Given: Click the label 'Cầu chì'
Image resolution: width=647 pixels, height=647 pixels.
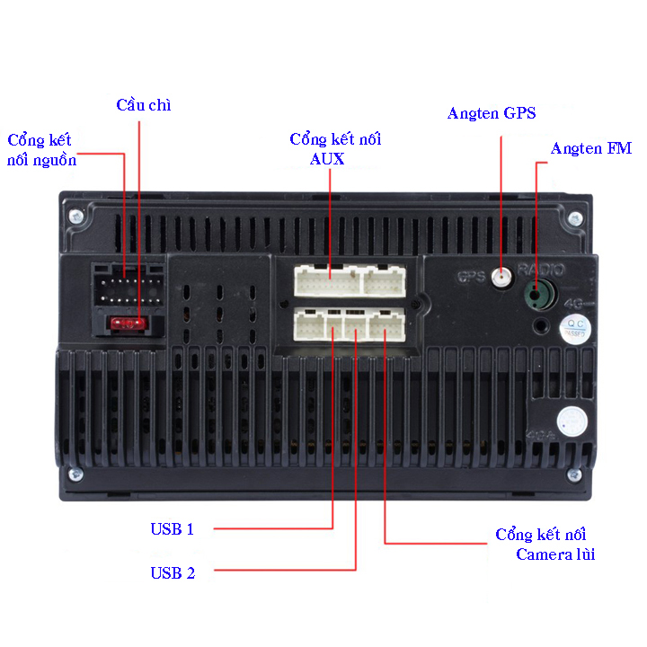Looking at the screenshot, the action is click(144, 105).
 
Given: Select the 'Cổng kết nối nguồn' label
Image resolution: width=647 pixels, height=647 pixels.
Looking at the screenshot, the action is click(41, 150).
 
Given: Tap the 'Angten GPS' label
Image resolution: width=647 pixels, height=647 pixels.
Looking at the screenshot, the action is click(492, 113).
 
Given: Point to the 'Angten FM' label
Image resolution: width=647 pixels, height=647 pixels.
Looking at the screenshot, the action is click(591, 148).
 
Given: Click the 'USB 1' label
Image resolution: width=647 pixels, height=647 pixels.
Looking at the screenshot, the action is click(172, 529).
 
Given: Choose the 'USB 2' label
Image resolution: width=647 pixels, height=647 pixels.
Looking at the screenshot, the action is click(173, 573).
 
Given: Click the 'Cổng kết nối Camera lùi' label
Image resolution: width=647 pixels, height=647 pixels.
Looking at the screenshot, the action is click(545, 545).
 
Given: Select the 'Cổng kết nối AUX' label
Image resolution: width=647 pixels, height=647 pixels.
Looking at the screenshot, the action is click(335, 149).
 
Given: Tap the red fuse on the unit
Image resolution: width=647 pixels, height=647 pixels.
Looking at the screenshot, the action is click(129, 323).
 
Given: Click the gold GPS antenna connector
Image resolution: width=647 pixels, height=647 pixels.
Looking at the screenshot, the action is click(501, 277).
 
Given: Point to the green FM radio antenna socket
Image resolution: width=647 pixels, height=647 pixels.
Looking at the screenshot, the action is click(538, 294).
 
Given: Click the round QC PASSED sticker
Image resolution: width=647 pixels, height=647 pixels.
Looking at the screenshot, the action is click(575, 329).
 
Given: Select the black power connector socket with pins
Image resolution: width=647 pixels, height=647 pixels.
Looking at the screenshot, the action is click(129, 285).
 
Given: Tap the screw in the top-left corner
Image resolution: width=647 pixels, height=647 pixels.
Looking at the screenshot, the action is click(75, 216).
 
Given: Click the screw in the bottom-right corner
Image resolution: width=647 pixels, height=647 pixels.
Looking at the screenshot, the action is click(574, 475).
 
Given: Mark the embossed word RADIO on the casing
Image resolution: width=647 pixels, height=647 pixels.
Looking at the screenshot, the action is click(541, 270).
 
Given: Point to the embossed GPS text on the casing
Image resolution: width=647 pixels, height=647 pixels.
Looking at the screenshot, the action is click(471, 277).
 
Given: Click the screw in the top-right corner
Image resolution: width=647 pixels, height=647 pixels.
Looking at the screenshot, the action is click(575, 218).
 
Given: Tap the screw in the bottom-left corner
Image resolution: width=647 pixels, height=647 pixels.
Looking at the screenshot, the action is click(75, 474).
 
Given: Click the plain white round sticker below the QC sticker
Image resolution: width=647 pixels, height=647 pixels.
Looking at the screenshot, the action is click(572, 421).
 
